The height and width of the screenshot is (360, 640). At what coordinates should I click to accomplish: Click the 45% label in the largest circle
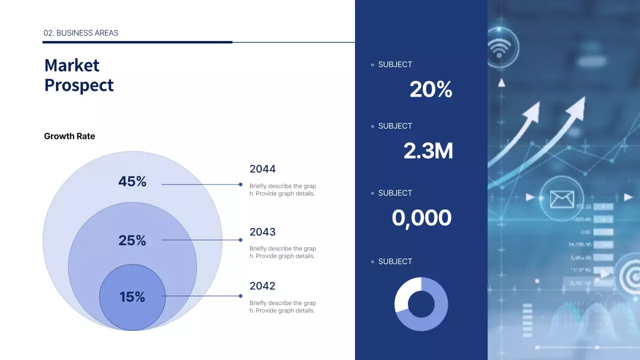(x=132, y=181)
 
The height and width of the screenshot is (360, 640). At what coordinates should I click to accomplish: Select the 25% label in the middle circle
(x=132, y=240)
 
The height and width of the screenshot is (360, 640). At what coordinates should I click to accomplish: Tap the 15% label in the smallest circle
(x=132, y=297)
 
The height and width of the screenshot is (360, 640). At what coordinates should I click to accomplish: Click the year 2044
(x=262, y=169)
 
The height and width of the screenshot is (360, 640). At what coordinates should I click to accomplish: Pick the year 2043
(x=262, y=232)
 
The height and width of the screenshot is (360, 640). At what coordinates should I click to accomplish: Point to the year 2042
(x=262, y=286)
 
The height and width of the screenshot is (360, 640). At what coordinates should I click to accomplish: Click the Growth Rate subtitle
(x=69, y=136)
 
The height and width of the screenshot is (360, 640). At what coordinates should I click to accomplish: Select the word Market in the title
(x=72, y=65)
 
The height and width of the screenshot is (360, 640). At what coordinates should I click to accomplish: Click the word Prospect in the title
(x=79, y=85)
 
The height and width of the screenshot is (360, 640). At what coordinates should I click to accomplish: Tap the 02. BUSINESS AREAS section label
(x=81, y=33)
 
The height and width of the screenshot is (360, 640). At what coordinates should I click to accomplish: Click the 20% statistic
(x=430, y=90)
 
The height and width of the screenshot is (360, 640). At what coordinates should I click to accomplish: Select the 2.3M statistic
(x=428, y=151)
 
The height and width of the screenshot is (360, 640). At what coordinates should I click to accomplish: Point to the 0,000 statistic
(x=421, y=218)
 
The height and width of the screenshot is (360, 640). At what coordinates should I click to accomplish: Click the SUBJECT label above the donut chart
(x=395, y=261)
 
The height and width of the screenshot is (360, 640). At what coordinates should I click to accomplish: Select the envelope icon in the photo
(x=562, y=199)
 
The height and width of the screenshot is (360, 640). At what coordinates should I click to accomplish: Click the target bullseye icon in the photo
(x=629, y=275)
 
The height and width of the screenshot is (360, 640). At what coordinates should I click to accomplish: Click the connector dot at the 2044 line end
(x=240, y=184)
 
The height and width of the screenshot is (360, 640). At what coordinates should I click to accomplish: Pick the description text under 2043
(x=282, y=252)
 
